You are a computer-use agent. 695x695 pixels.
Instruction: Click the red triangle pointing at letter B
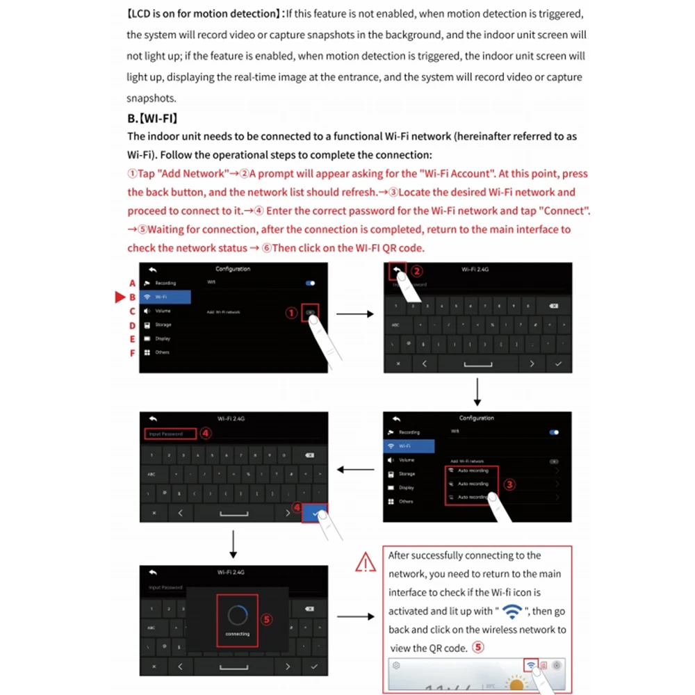tap(118, 297)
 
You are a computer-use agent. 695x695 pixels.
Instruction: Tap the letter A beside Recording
tap(132, 283)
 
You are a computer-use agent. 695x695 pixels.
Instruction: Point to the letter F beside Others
tap(132, 352)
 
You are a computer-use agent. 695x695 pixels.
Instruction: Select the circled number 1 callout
tap(292, 313)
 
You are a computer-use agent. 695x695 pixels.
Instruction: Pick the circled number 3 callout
tap(509, 484)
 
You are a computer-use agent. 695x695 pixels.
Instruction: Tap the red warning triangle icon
tap(365, 562)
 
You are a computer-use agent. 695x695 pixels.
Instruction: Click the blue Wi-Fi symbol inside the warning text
tap(513, 612)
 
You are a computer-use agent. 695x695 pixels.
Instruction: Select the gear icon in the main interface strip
tap(396, 665)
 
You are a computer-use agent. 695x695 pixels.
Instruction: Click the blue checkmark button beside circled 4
tap(317, 513)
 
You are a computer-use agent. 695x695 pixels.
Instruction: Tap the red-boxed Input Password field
tap(167, 434)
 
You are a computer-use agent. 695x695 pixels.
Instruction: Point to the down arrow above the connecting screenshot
tap(234, 544)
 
